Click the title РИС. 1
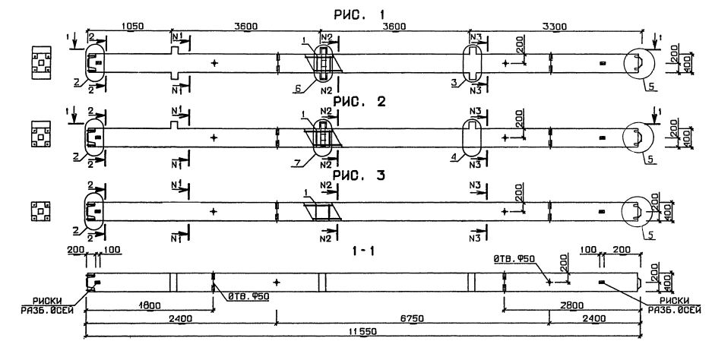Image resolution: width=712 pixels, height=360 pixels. (359, 14)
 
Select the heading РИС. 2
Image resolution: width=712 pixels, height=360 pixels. (359, 103)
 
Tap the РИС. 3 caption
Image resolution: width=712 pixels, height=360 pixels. (359, 175)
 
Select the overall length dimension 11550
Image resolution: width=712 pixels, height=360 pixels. (362, 332)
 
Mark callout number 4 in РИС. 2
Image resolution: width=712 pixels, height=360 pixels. (454, 156)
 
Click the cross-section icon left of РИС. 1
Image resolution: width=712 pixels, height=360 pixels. (39, 64)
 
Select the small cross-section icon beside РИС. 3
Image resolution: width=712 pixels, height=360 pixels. (39, 210)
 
